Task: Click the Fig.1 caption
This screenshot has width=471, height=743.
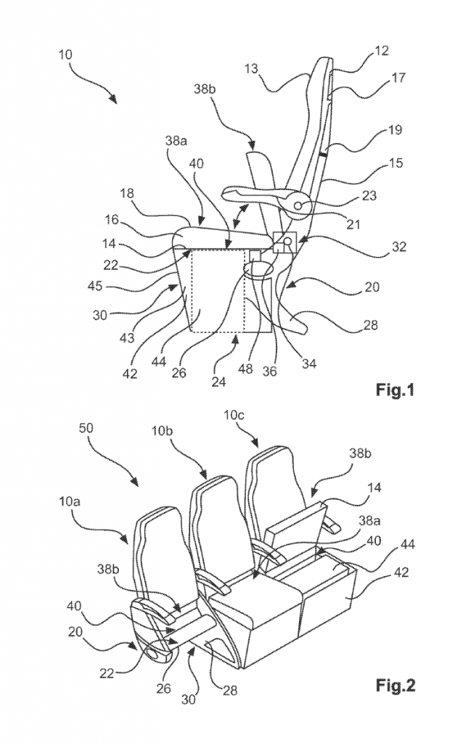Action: pos(395,390)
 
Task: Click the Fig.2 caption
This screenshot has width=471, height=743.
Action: pos(396,685)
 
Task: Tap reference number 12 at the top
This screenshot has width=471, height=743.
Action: pos(380,51)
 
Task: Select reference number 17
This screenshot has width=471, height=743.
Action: pos(398,77)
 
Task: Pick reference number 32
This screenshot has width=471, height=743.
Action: pos(399,247)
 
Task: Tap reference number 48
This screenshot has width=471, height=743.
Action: pos(245,368)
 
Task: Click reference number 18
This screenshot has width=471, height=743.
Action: pos(127,194)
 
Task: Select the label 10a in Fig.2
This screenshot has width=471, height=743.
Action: pos(70,502)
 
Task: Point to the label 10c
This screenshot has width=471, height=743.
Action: pos(234,416)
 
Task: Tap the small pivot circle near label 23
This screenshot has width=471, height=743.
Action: pos(298,205)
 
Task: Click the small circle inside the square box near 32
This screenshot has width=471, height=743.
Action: pos(287,242)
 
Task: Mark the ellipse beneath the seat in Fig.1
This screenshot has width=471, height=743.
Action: pos(258,269)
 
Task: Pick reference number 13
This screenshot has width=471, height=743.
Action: pos(252,69)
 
